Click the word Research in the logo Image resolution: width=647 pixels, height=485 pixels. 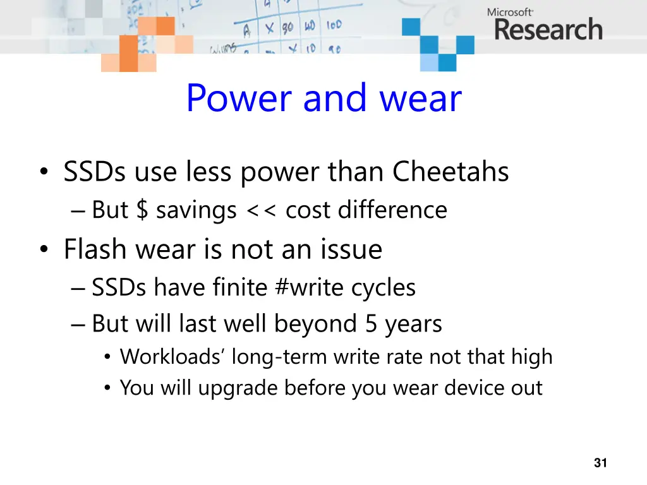coord(548,30)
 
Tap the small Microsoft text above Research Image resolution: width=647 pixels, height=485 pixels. coord(510,11)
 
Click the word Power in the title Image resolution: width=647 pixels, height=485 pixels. coord(239,99)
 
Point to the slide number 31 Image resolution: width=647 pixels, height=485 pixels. coord(600,464)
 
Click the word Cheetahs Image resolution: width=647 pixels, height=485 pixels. coord(450,172)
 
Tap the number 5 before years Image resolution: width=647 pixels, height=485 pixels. coord(371,324)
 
